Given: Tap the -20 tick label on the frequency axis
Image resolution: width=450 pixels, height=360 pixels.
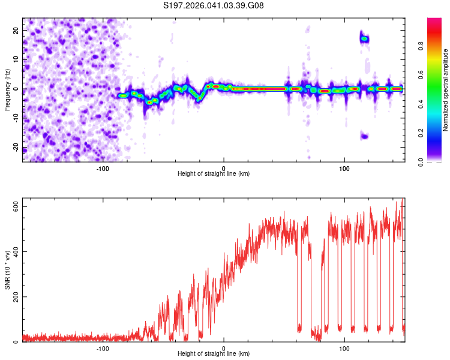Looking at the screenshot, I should (x=16, y=148).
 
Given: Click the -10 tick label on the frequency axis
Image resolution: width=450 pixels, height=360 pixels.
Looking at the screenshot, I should (x=16, y=118).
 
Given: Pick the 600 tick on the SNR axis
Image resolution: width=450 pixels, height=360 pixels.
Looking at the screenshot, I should (x=13, y=206).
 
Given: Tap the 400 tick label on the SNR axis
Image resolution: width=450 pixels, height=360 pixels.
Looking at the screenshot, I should (x=13, y=251).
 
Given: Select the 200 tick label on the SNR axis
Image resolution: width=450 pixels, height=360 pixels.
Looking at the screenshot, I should (x=13, y=297).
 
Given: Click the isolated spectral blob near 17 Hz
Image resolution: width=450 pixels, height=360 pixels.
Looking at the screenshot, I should (x=364, y=39).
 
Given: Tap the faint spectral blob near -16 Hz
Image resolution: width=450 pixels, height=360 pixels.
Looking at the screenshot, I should (x=364, y=136).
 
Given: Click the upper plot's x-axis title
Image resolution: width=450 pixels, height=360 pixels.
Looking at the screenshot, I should (x=214, y=173).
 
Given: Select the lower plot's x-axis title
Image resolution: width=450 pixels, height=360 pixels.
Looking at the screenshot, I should (x=214, y=353).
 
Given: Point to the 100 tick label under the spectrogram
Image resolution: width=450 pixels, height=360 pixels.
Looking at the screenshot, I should (x=344, y=168).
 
